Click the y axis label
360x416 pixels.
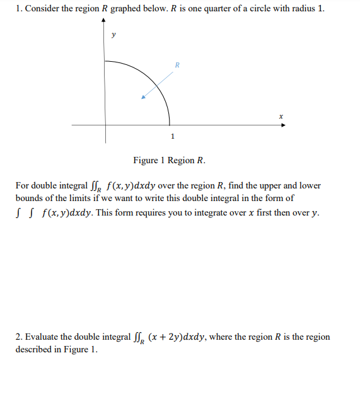[x=113, y=36]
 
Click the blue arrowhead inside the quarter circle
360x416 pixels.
[x=144, y=98]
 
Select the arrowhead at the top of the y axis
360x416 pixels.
[x=105, y=21]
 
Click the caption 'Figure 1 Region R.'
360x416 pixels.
[x=169, y=160]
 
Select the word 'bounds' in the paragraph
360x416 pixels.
[x=30, y=197]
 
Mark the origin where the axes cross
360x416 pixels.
[x=105, y=125]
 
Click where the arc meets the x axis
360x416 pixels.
[x=170, y=125]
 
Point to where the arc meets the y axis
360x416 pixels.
[x=105, y=61]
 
